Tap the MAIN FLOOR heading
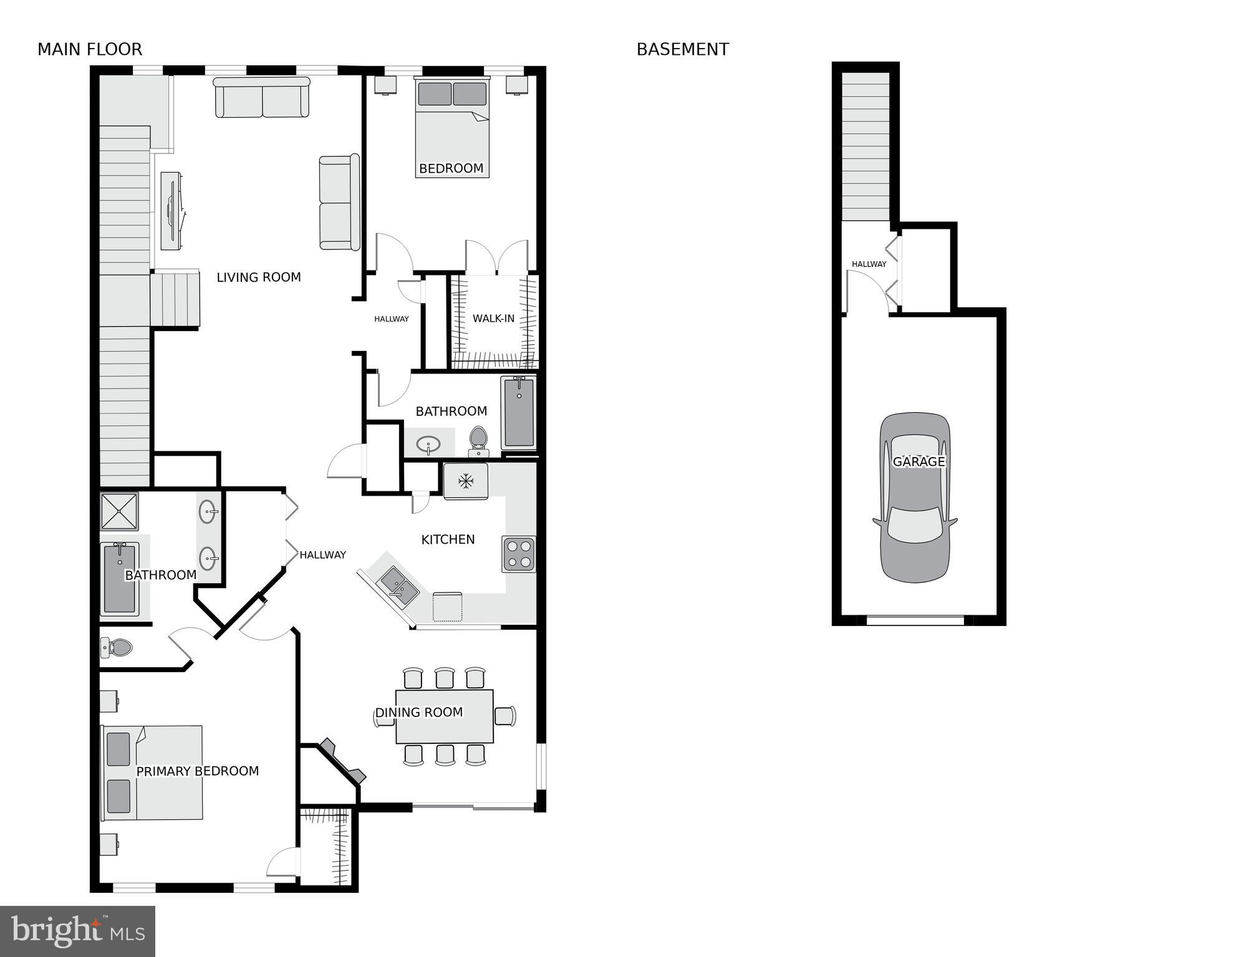(90, 49)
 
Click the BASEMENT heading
(682, 49)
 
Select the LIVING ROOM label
(258, 277)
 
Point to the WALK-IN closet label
(493, 319)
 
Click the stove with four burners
(519, 554)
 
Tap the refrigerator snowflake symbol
(465, 481)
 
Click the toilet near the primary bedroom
(117, 648)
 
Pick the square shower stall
(119, 511)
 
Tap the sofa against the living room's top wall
(262, 98)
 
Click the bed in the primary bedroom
(153, 772)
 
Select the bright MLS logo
(77, 931)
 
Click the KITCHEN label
(448, 539)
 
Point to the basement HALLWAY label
(869, 264)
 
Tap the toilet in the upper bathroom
(478, 440)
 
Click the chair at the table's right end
(506, 716)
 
